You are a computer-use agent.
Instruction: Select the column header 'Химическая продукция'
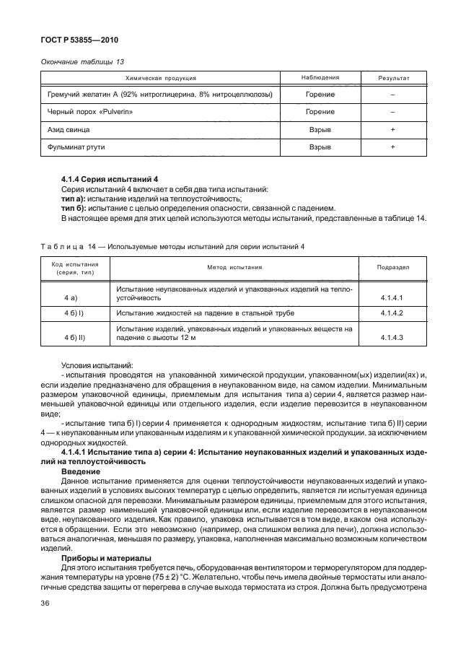click(x=161, y=77)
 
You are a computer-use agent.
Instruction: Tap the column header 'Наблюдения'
click(x=320, y=77)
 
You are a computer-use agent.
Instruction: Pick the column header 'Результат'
click(x=393, y=77)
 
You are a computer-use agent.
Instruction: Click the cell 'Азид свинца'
click(x=63, y=129)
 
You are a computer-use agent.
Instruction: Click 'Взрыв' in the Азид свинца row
click(x=320, y=129)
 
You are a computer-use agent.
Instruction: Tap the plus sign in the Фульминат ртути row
click(x=393, y=147)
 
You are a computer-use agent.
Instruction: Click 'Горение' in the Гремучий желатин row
click(x=320, y=95)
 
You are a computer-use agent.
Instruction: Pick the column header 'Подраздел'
click(x=394, y=266)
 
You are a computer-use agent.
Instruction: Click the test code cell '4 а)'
click(x=71, y=296)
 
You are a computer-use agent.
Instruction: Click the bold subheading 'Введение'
click(x=81, y=468)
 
